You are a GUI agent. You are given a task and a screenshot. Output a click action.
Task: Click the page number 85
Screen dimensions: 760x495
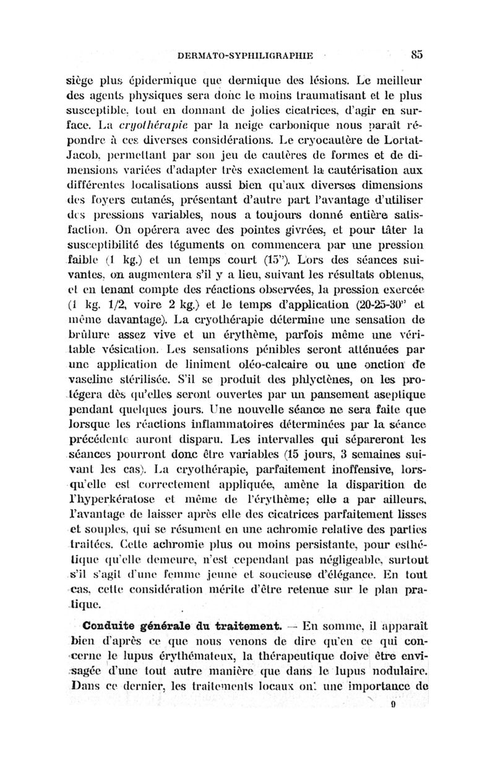coord(416,54)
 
